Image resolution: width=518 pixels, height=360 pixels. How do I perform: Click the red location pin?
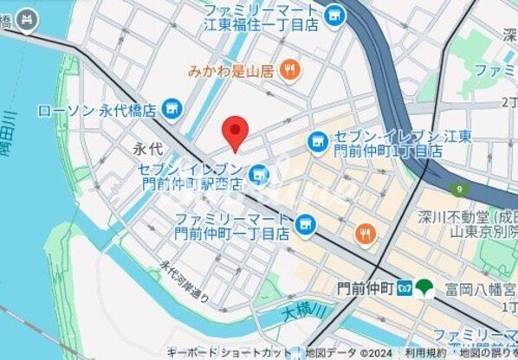(235, 133)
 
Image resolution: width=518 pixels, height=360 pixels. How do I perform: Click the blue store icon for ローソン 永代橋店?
(172, 108)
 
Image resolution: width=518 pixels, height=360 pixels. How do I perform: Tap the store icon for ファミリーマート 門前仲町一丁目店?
(304, 225)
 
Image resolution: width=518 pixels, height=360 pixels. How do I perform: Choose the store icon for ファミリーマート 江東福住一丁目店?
(334, 16)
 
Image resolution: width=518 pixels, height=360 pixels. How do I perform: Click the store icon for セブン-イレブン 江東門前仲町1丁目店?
(318, 138)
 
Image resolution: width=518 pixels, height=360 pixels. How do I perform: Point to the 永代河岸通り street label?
(184, 283)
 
